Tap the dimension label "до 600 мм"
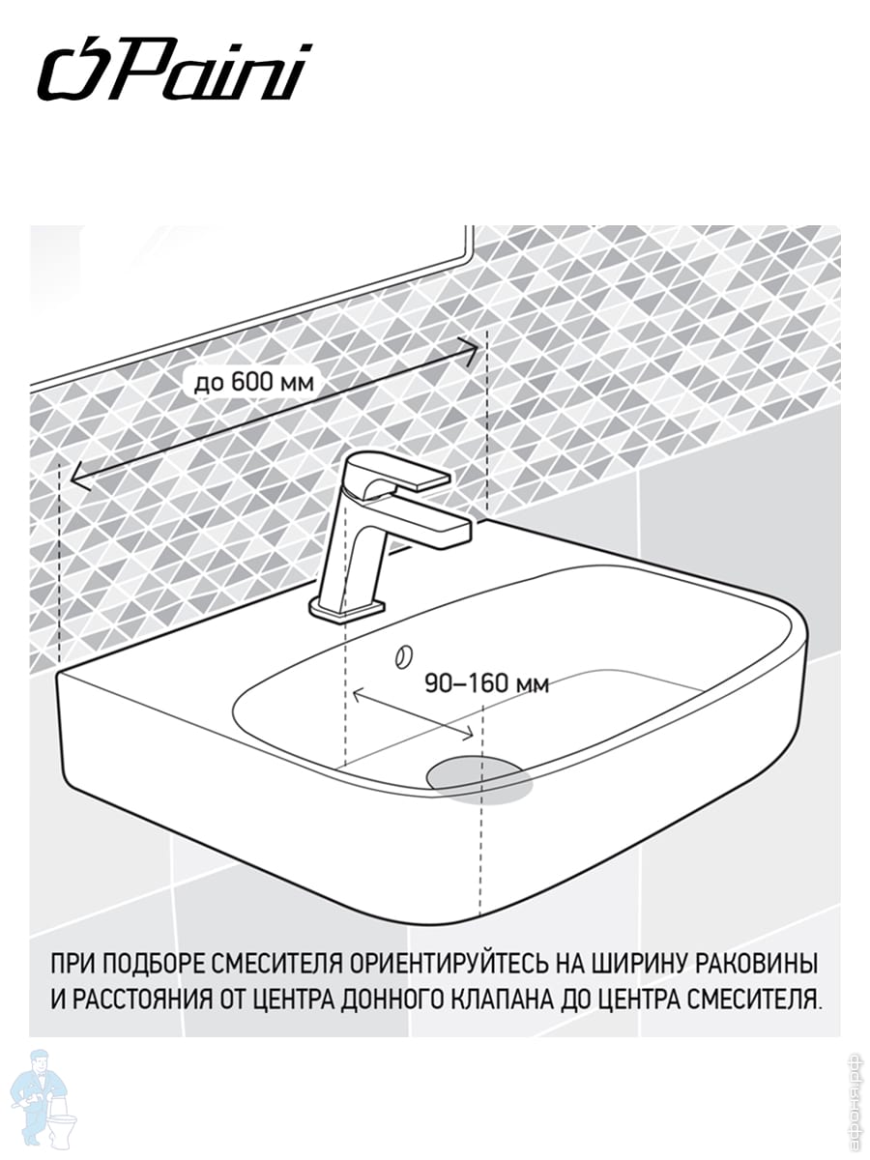pos(254,382)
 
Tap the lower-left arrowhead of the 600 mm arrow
pos(79,478)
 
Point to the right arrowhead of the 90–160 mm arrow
pos(468,733)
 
